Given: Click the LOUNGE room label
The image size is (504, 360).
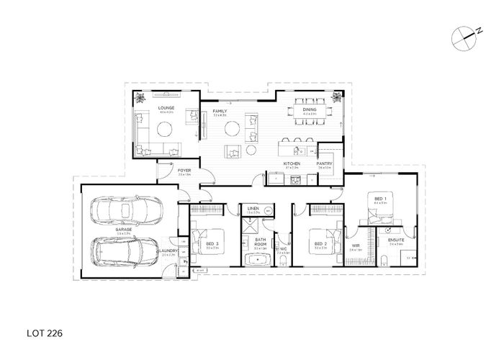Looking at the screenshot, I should [x=166, y=108].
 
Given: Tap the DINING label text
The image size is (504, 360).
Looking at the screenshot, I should [x=310, y=110].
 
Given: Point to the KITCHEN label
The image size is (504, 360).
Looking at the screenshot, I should [x=292, y=164].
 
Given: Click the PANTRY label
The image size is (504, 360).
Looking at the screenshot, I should [x=324, y=164].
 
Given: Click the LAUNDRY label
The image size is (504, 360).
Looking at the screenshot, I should [x=170, y=251].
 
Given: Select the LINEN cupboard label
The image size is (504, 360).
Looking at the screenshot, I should [x=253, y=208].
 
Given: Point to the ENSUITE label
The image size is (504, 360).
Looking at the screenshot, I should [x=395, y=240].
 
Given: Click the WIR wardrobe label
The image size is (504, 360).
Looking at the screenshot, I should [x=355, y=244].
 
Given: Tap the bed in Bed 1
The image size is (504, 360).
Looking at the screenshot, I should [x=382, y=206].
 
